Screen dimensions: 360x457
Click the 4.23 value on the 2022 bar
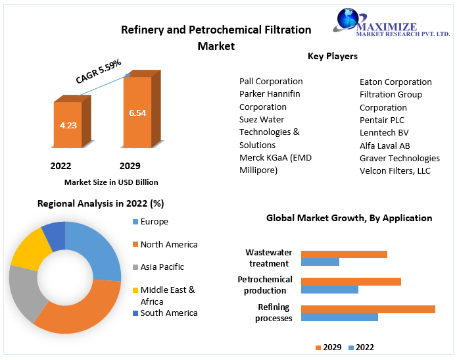tap(68, 125)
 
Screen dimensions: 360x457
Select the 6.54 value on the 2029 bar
tap(137, 113)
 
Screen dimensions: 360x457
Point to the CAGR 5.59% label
tap(99, 72)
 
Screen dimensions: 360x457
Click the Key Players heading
tap(333, 57)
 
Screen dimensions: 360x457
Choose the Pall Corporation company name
tap(271, 82)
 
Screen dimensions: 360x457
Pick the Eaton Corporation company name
tap(396, 82)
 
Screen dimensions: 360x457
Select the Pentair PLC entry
tap(382, 120)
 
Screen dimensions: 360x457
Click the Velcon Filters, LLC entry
tap(395, 170)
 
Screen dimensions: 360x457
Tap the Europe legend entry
tap(154, 222)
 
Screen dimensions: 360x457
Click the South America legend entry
tap(168, 313)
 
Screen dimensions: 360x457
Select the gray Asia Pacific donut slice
tap(24, 293)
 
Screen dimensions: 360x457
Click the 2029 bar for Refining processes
tap(368, 309)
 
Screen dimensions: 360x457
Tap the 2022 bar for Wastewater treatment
tap(320, 262)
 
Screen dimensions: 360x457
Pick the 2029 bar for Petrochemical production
tap(351, 281)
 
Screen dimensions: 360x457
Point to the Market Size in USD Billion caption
tap(111, 182)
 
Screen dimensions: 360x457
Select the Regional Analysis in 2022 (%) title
tap(101, 203)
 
